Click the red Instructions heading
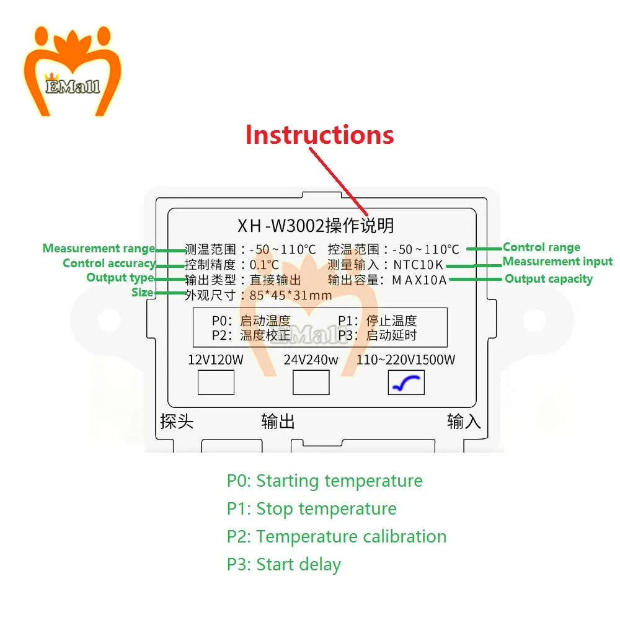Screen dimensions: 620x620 (x=319, y=135)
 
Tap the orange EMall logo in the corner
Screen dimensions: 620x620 (x=73, y=71)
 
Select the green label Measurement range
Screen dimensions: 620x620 (x=99, y=249)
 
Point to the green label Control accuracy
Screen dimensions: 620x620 (x=109, y=263)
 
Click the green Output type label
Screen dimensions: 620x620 (x=120, y=278)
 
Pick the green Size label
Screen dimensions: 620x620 (x=143, y=293)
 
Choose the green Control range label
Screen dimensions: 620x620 (x=542, y=247)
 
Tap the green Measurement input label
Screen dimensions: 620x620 (x=557, y=262)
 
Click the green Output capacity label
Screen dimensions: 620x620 (x=549, y=279)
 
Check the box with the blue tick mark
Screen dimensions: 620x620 (x=406, y=383)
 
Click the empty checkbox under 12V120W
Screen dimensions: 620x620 (x=216, y=383)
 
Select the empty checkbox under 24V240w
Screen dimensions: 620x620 (x=311, y=383)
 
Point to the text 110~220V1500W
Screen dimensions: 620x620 (x=405, y=360)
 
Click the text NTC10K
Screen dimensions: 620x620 (x=418, y=265)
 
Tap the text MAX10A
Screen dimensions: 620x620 (x=419, y=280)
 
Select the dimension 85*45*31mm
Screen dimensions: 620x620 (x=291, y=295)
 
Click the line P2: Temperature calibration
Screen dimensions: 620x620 (x=337, y=536)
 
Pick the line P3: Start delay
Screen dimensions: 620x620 (x=283, y=565)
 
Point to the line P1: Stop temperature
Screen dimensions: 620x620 (x=312, y=509)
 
